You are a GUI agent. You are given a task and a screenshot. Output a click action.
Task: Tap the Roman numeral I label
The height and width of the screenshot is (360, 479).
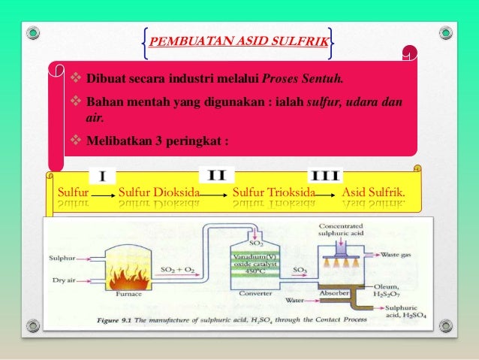coord(103,177)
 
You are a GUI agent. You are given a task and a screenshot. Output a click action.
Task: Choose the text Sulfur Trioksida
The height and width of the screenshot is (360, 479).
coord(273,192)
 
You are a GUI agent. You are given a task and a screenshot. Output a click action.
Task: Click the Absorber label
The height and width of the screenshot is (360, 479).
coord(333,292)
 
